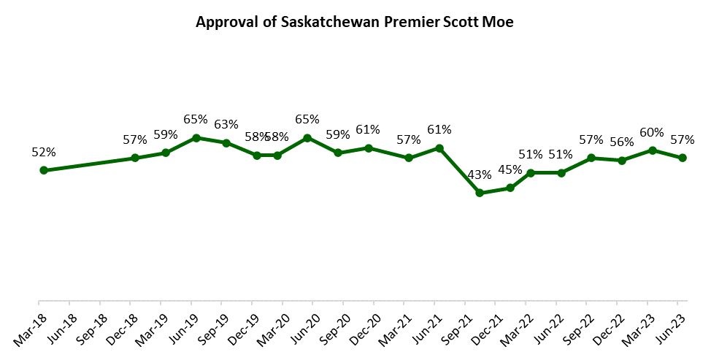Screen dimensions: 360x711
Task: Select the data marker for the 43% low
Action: coord(480,193)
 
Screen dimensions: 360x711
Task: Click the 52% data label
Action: coord(44,152)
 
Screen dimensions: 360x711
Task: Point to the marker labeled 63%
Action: coord(226,142)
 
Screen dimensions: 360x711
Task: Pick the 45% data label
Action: coord(510,170)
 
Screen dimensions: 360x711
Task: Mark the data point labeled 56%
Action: coord(622,160)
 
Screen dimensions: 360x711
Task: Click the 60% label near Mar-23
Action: coord(652,132)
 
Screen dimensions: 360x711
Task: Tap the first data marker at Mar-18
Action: coord(44,170)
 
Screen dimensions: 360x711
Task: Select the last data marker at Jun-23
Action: coord(683,158)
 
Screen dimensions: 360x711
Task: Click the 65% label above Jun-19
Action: coord(196,119)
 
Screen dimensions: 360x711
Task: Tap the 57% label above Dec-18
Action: coord(135,139)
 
